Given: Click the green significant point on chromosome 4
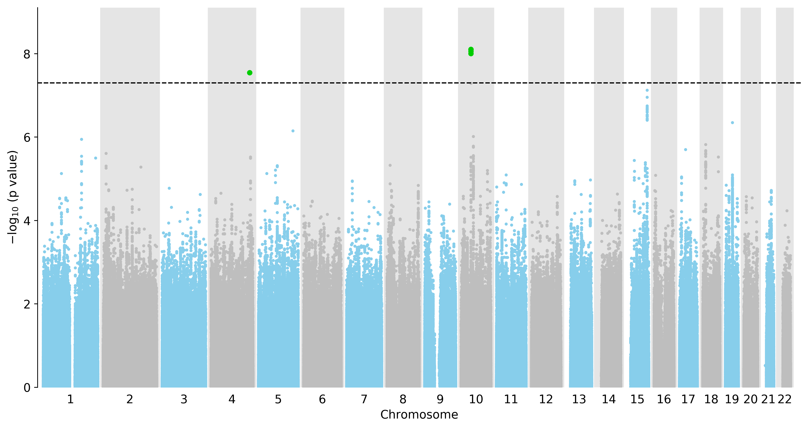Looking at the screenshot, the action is [x=250, y=73].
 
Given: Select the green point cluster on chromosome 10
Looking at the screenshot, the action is [x=471, y=52].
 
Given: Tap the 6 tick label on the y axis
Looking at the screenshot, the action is [x=27, y=137].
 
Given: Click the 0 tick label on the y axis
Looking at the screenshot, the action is [x=27, y=388].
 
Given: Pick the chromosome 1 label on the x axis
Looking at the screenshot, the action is [x=70, y=399].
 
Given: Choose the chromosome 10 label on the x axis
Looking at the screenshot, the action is [x=476, y=399].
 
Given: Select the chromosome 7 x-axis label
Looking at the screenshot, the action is [x=364, y=399].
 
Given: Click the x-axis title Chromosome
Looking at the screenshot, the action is [x=419, y=415].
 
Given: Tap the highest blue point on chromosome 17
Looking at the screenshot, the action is [x=685, y=150].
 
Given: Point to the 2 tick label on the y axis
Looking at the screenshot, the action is [x=27, y=304].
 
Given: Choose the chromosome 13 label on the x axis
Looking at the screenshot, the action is [x=579, y=399].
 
